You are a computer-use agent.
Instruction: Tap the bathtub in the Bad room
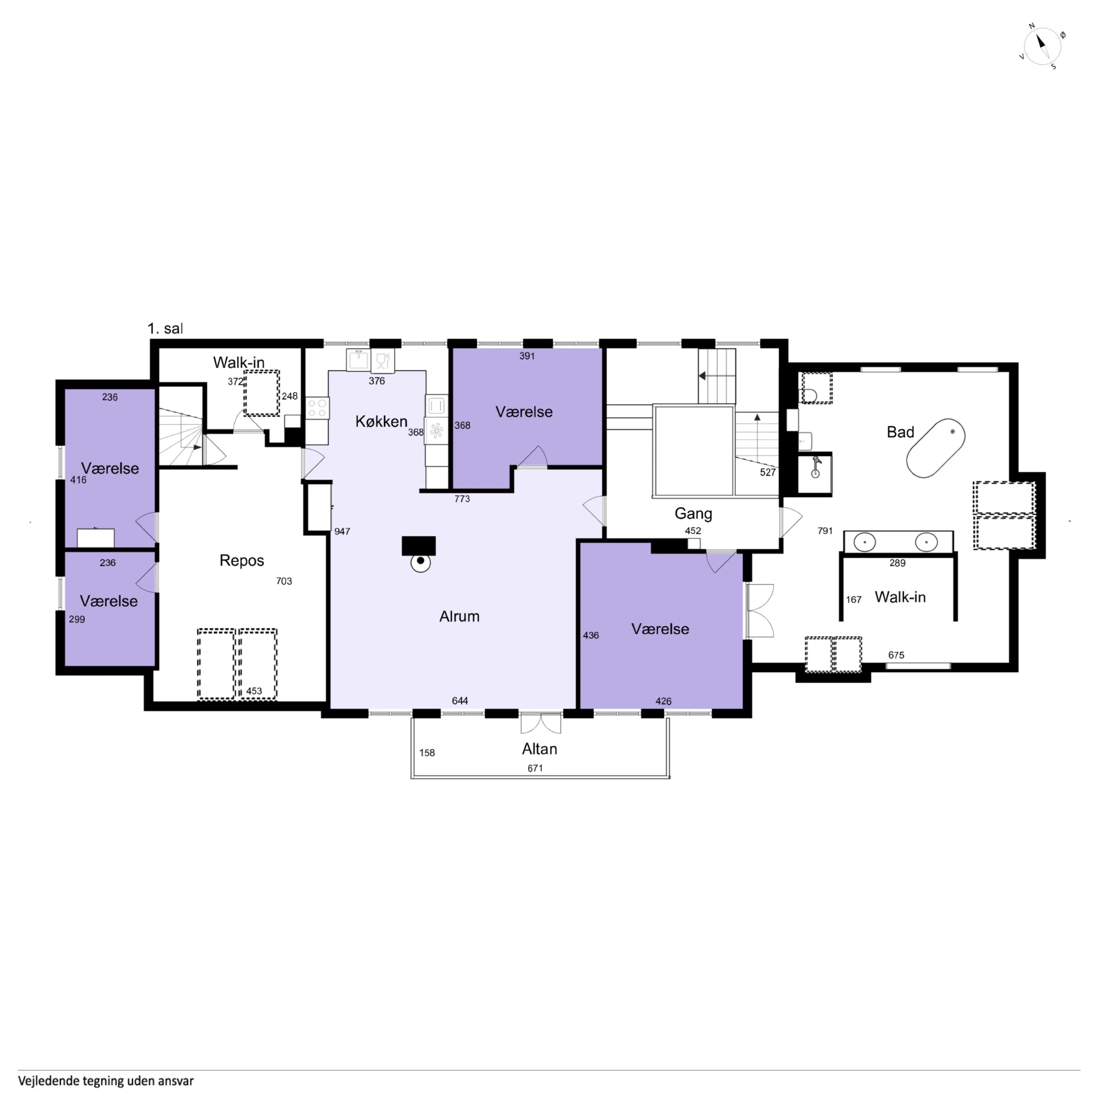point(935,448)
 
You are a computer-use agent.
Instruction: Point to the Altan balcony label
point(539,749)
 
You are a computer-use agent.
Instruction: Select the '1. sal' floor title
point(165,328)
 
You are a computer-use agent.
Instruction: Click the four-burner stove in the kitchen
point(317,408)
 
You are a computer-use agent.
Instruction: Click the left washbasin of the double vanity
point(864,542)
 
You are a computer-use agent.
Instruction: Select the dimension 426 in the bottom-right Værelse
point(663,701)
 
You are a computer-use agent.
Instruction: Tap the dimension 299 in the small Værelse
point(77,619)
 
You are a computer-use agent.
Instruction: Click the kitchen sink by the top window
point(358,360)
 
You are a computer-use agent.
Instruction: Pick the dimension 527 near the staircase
point(767,472)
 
